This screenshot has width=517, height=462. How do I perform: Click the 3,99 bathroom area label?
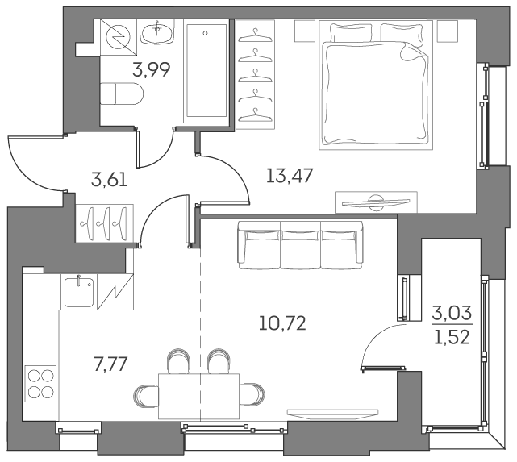coord(151,70)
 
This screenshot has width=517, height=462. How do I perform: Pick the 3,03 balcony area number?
coord(452,311)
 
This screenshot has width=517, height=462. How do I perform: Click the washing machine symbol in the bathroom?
coord(118,36)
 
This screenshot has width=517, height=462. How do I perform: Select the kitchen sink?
coord(79,293)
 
